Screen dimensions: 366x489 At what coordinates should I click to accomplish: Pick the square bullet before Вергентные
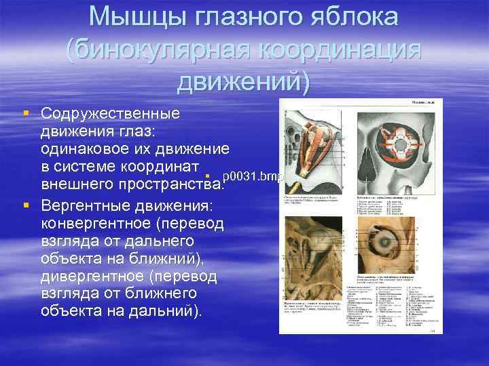[26, 204]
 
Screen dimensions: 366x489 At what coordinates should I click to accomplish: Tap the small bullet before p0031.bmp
[214, 177]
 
